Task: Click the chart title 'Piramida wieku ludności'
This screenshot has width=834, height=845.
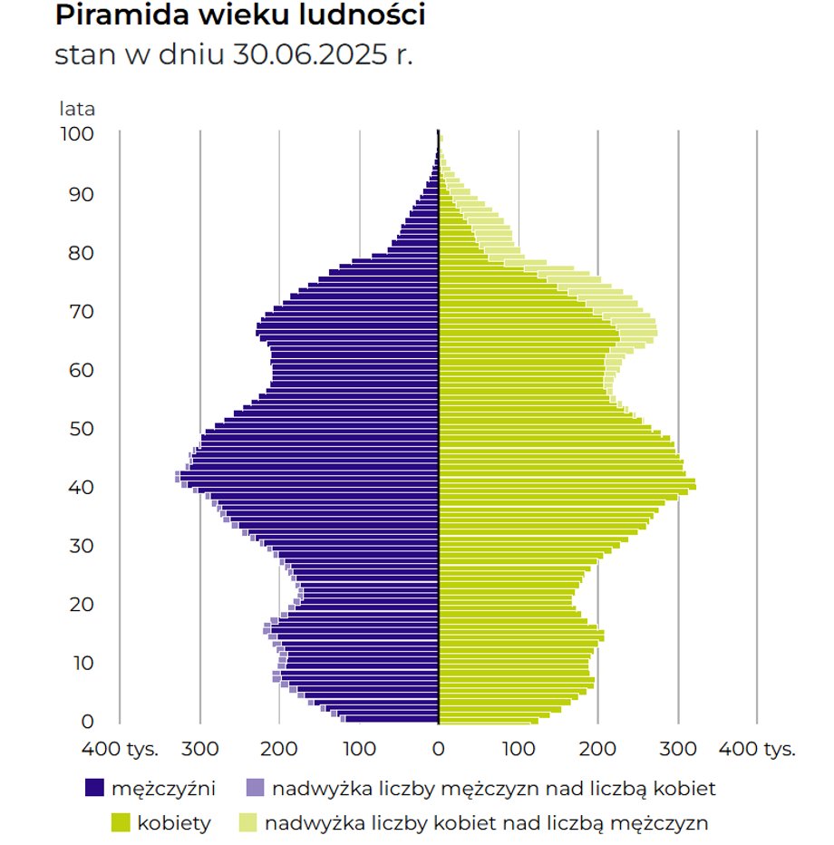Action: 239,15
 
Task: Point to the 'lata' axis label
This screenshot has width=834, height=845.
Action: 77,110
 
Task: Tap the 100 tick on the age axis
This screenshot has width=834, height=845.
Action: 77,134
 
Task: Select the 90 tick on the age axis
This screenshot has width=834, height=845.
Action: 81,194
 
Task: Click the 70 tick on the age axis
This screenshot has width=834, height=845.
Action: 81,311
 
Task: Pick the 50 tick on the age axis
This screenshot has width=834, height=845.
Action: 81,428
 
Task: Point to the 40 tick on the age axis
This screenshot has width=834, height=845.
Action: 81,487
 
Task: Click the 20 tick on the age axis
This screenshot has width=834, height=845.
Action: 81,604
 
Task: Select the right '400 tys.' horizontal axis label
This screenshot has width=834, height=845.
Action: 757,750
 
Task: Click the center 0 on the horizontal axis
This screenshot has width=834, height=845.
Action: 439,750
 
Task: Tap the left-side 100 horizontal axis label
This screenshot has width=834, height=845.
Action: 359,750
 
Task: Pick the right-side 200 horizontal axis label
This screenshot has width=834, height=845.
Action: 597,750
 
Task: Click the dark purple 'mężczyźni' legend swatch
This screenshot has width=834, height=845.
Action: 94,789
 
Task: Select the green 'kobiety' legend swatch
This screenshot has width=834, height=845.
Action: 121,823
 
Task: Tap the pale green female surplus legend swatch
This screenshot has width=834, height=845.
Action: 248,823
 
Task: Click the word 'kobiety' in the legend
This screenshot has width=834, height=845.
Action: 174,823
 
